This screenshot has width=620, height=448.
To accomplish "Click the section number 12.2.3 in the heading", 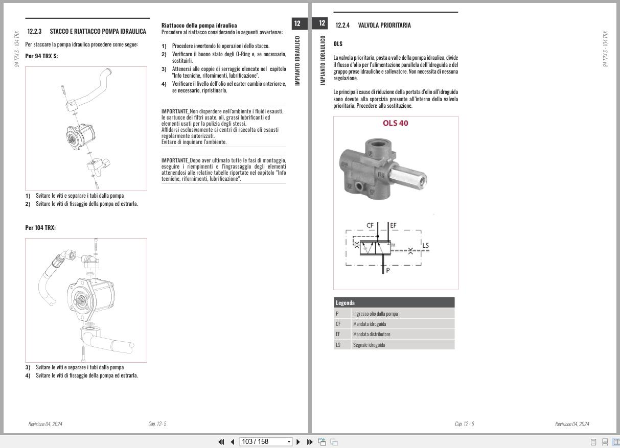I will click(x=34, y=31).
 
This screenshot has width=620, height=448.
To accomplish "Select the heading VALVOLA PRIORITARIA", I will click(x=384, y=25).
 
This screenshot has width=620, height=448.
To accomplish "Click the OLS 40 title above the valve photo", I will click(x=396, y=123).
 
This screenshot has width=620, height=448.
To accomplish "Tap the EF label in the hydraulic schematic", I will click(x=393, y=225).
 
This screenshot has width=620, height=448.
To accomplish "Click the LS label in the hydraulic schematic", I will click(x=425, y=245).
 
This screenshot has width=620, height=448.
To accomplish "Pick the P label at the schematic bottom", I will click(x=388, y=270).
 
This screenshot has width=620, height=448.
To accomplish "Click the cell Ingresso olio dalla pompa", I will click(x=375, y=314).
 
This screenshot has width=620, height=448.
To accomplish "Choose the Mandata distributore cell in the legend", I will click(x=372, y=334).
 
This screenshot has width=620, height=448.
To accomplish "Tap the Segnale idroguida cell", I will click(x=369, y=345).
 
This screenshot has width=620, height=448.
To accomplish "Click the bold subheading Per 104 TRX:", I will click(x=40, y=228).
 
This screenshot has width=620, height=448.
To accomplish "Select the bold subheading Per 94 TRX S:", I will click(x=41, y=56).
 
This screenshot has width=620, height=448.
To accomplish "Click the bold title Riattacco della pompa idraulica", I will click(x=199, y=25).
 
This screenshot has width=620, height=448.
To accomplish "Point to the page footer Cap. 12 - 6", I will click(x=464, y=424).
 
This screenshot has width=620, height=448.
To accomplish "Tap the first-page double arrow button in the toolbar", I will click(x=221, y=442).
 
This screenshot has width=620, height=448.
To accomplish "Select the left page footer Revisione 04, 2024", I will click(x=45, y=424).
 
